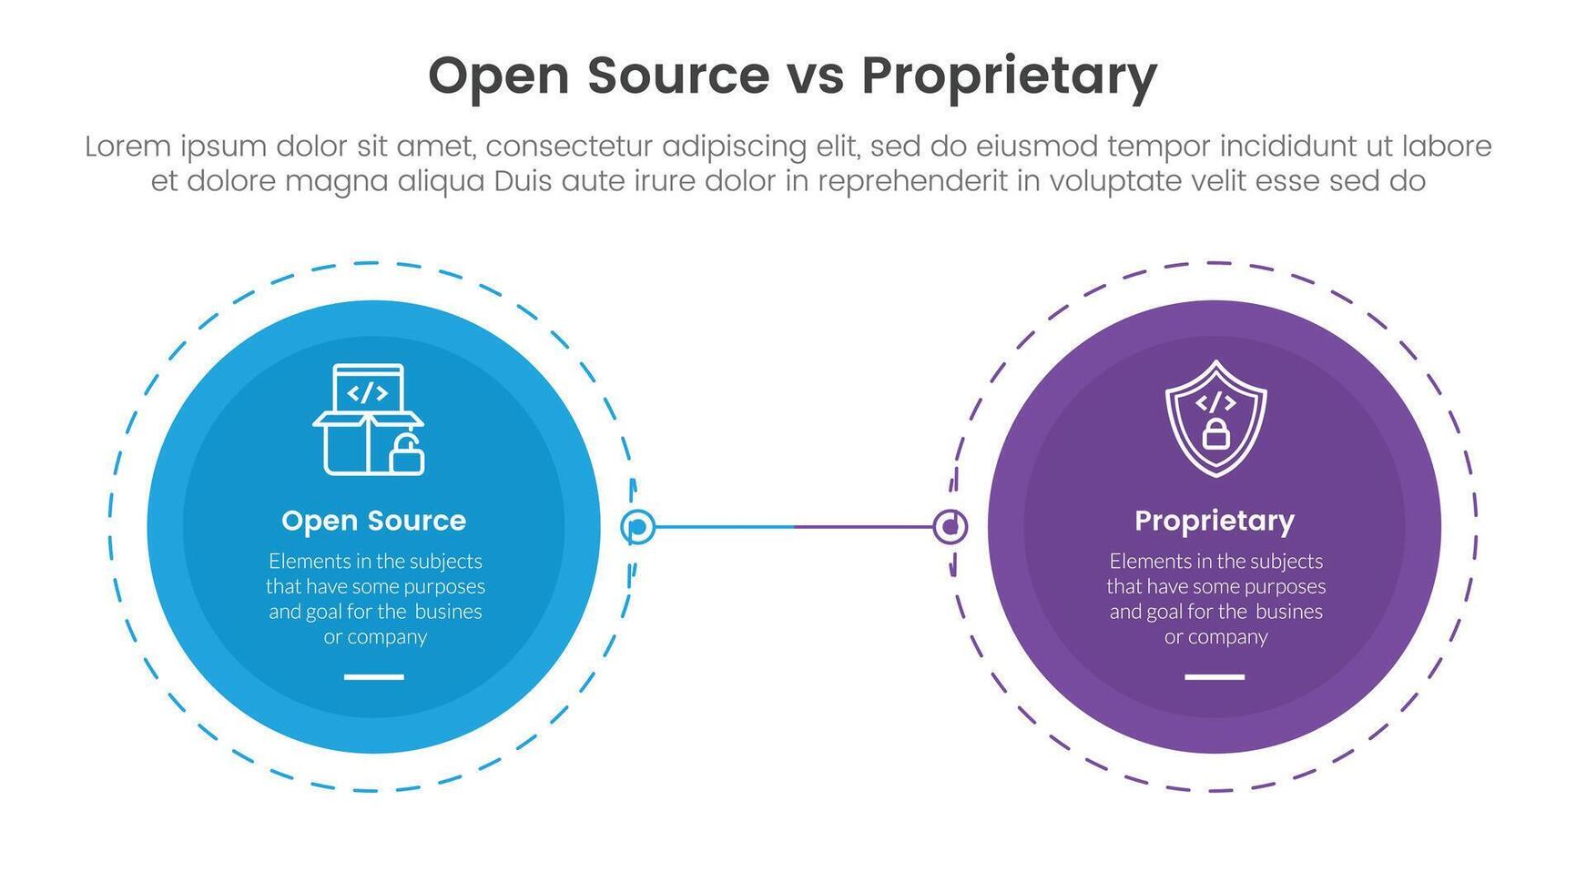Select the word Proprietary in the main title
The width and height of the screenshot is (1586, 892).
1009,76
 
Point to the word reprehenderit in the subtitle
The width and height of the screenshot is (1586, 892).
911,181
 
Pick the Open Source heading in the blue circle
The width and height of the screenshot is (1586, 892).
373,521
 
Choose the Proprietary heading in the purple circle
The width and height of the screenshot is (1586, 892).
1215,521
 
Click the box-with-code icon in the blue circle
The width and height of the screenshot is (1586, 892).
368,420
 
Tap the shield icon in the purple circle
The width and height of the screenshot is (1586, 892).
1215,418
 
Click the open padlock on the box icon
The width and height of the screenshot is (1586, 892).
406,455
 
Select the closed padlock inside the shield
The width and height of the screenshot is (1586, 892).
1215,434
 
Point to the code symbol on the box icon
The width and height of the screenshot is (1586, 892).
368,393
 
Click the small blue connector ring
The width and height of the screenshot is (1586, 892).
638,527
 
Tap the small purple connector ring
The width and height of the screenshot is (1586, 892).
950,527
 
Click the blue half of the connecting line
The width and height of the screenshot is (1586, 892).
724,527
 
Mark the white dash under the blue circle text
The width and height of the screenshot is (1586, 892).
373,677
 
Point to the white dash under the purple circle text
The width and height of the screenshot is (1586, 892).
1215,677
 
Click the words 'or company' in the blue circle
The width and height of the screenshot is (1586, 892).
375,637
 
